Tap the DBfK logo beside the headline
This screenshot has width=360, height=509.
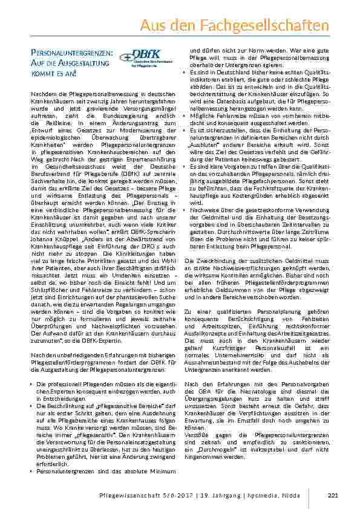144,59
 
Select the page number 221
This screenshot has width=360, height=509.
332,496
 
